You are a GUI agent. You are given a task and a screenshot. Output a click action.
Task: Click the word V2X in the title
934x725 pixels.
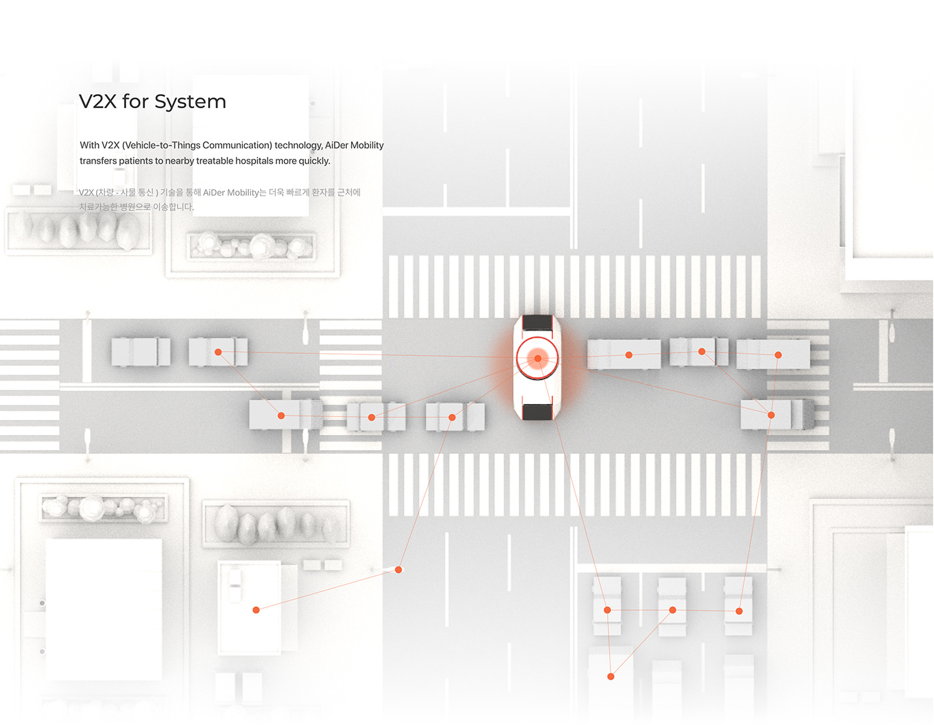[x=97, y=101]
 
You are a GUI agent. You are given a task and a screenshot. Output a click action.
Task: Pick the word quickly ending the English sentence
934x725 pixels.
[x=314, y=161]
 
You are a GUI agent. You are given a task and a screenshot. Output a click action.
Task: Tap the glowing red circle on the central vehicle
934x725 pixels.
[x=538, y=358]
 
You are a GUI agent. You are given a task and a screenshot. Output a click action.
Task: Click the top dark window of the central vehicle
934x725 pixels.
[x=537, y=323]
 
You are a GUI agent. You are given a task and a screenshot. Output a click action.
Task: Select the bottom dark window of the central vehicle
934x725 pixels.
[x=537, y=412]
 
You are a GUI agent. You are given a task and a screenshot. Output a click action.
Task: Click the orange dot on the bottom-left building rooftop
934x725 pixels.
[x=256, y=610]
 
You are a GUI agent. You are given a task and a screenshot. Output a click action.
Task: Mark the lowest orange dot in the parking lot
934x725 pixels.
[x=610, y=676]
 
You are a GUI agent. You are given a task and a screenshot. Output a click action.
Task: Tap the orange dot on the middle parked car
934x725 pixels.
[x=672, y=610]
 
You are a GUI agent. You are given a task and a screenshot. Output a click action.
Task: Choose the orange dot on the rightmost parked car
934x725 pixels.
[x=739, y=611]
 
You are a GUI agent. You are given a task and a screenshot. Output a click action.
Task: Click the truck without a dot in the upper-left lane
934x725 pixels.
[x=141, y=352]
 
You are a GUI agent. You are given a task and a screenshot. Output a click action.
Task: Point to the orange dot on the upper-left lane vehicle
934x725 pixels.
[x=218, y=352]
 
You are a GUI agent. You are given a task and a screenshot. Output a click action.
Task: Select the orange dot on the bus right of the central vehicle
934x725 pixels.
[x=628, y=355]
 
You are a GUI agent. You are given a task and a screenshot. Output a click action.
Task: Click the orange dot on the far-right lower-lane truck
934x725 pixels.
[x=771, y=415]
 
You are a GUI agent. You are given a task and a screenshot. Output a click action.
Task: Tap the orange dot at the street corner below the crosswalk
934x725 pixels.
[x=398, y=569]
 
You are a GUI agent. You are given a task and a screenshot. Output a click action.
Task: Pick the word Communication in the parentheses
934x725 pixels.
[x=236, y=146]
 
